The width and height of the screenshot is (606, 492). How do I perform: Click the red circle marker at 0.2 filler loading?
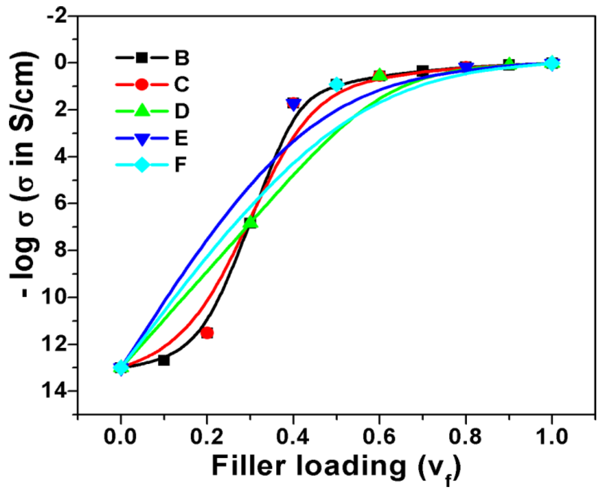[x=207, y=333]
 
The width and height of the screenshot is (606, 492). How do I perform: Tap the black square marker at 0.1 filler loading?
[x=164, y=360]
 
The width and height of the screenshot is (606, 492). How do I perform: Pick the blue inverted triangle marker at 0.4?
[x=293, y=104]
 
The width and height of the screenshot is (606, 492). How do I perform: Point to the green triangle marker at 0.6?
[x=379, y=75]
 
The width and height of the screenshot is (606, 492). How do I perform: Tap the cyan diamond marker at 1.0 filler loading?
[x=551, y=63]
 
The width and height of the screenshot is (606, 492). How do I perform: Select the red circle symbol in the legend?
[x=142, y=84]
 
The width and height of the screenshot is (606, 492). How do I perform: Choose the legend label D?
[x=182, y=111]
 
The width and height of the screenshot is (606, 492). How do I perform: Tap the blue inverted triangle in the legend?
[x=142, y=138]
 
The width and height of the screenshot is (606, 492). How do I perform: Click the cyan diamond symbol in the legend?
[x=142, y=165]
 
